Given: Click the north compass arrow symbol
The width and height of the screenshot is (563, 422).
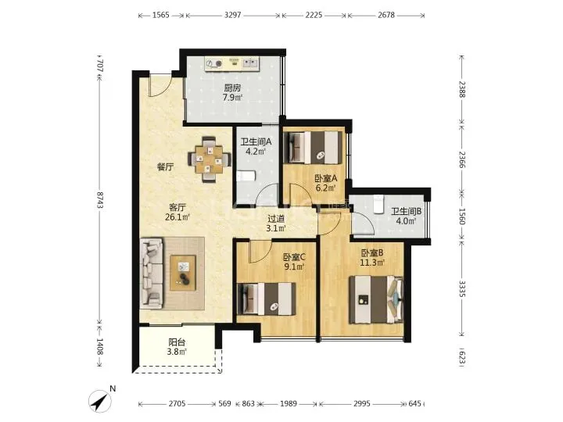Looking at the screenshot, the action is pyautogui.click(x=100, y=401).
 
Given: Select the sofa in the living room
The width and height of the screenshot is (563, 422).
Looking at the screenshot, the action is pyautogui.click(x=151, y=274).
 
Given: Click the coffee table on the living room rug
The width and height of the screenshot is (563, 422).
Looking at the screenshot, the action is pyautogui.click(x=183, y=273).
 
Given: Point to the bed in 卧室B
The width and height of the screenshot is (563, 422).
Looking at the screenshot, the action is pyautogui.click(x=376, y=299).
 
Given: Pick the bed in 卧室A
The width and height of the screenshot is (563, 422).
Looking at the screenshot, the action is pyautogui.click(x=313, y=148).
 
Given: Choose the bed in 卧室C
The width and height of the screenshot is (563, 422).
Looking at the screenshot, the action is pyautogui.click(x=267, y=299).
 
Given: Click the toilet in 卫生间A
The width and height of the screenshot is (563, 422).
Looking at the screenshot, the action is pyautogui.click(x=246, y=176).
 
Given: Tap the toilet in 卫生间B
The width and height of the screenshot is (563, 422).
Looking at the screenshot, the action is pyautogui.click(x=378, y=204).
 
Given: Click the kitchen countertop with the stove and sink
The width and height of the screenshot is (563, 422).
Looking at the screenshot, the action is pyautogui.click(x=232, y=64).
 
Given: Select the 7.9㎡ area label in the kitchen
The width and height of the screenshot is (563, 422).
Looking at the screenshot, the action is pyautogui.click(x=232, y=97).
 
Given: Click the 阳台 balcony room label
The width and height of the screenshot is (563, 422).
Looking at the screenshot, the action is pyautogui.click(x=177, y=342).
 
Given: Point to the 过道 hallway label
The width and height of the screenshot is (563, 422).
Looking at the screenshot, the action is pyautogui.click(x=276, y=218).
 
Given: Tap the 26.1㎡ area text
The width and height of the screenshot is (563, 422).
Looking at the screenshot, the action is pyautogui.click(x=178, y=217).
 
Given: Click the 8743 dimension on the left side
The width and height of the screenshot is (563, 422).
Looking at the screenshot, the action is pyautogui.click(x=99, y=200).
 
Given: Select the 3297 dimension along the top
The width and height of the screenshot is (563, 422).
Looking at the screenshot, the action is pyautogui.click(x=233, y=15).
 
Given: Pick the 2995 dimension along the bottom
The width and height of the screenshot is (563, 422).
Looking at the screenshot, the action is pyautogui.click(x=361, y=404).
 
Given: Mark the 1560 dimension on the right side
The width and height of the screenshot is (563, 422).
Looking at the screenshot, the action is pyautogui.click(x=462, y=216).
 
